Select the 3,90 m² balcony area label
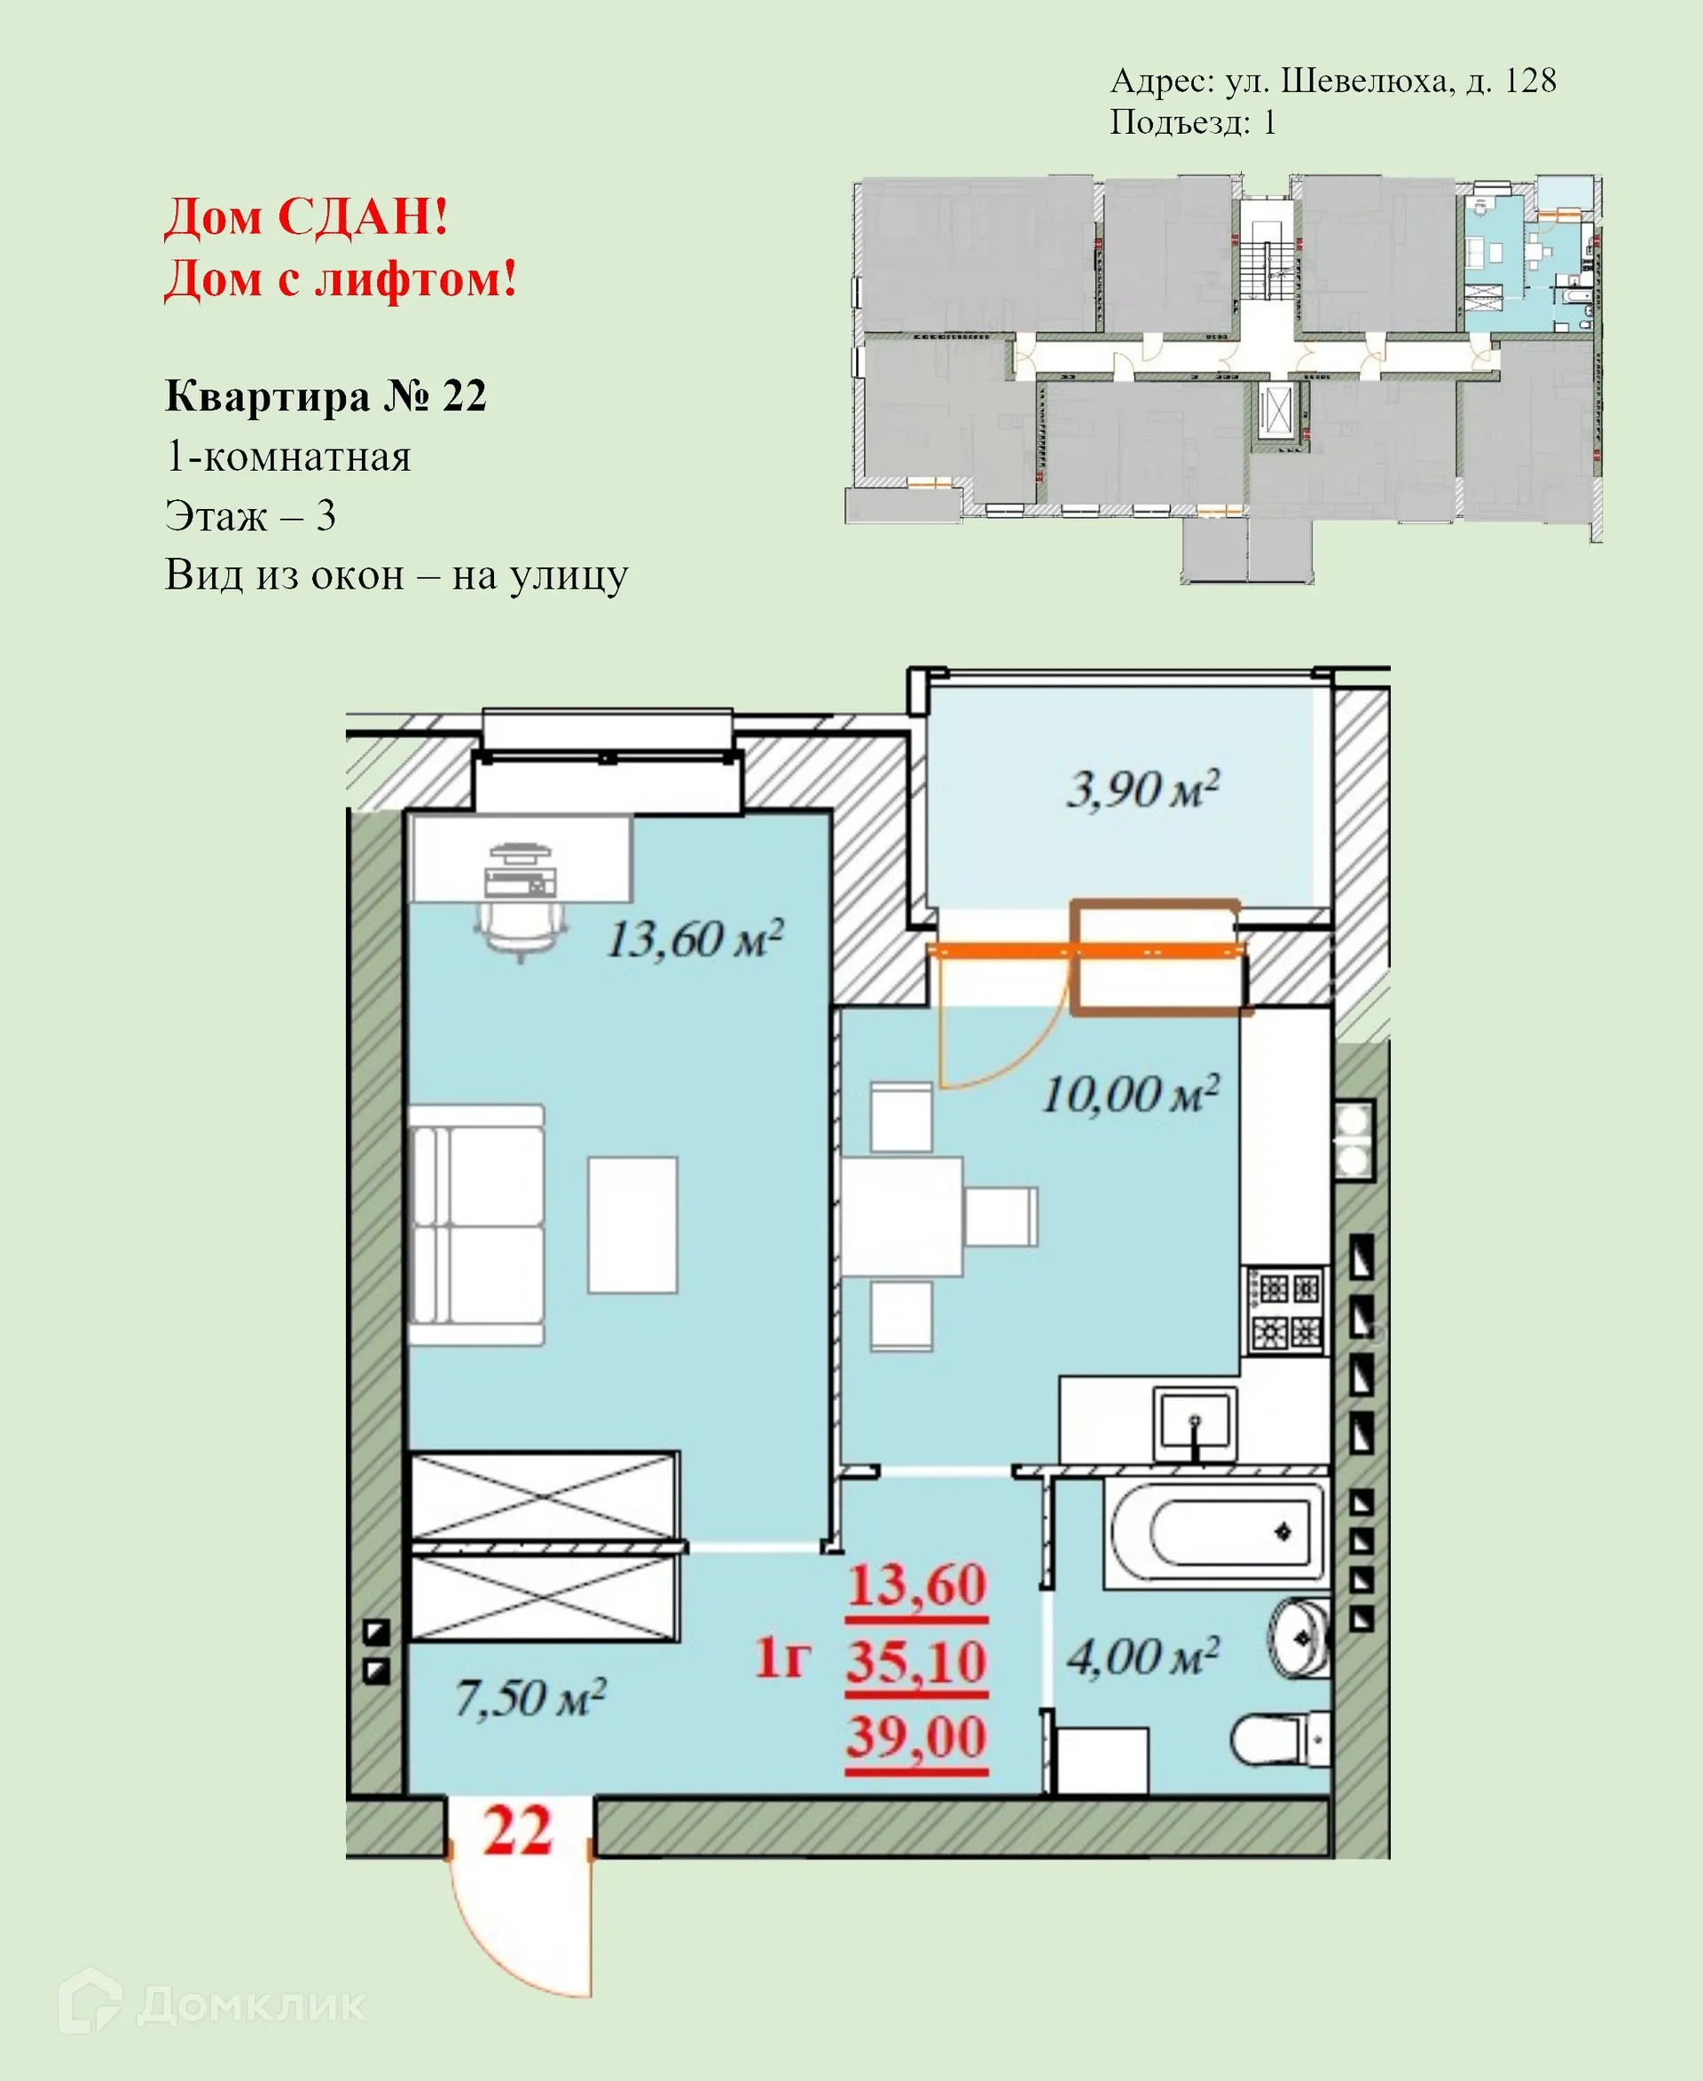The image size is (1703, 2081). (1142, 789)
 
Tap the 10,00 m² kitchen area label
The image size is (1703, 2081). (1130, 1094)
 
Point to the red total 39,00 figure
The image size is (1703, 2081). (916, 1738)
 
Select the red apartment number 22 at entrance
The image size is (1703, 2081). (518, 1831)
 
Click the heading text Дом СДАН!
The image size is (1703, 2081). (307, 216)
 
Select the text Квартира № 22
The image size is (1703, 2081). (326, 396)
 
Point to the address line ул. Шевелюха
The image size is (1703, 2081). (1332, 81)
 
